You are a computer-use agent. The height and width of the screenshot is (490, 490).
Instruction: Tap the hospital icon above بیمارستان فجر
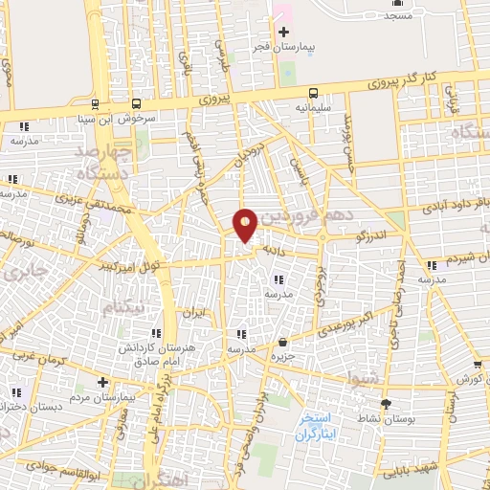coord(282,32)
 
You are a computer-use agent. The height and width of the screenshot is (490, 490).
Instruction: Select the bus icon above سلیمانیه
coord(313,93)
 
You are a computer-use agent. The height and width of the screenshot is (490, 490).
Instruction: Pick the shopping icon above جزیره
coord(282,343)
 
